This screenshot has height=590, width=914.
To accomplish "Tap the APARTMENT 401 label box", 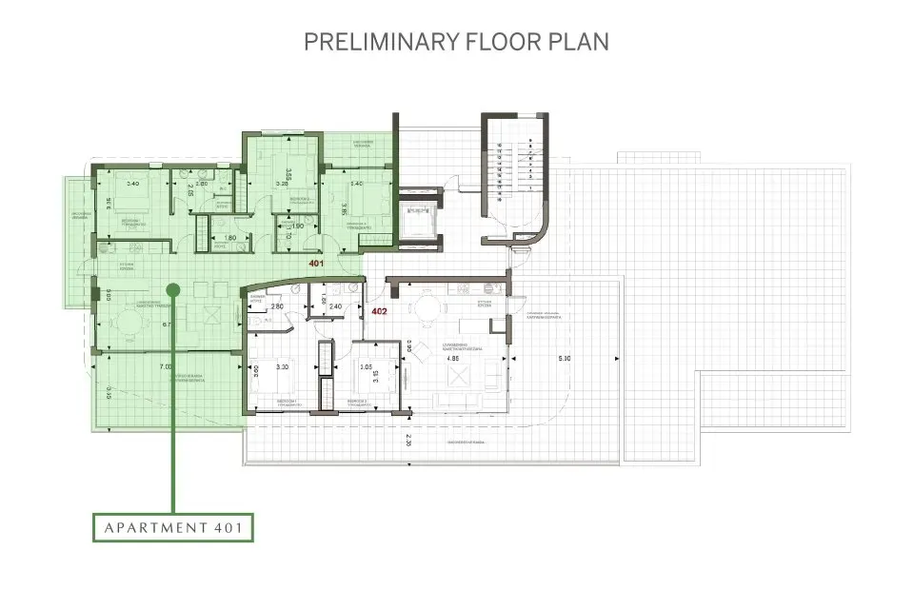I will tap(172, 527).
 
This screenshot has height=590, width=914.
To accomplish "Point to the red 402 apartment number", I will tap(378, 310).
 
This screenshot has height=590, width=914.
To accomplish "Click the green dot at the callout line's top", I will tap(172, 289).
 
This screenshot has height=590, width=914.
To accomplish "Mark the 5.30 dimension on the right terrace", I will tap(564, 359).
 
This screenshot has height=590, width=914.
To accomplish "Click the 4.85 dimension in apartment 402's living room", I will tap(454, 359).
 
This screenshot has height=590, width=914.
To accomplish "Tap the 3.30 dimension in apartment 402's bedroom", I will tap(282, 366).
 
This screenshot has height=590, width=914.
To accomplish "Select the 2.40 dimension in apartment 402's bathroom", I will tap(335, 306).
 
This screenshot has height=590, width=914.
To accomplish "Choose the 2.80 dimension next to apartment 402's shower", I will tap(277, 306).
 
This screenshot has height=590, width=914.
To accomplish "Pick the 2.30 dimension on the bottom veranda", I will tap(408, 442).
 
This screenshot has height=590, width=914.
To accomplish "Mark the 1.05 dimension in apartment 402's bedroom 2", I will tap(366, 366).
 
